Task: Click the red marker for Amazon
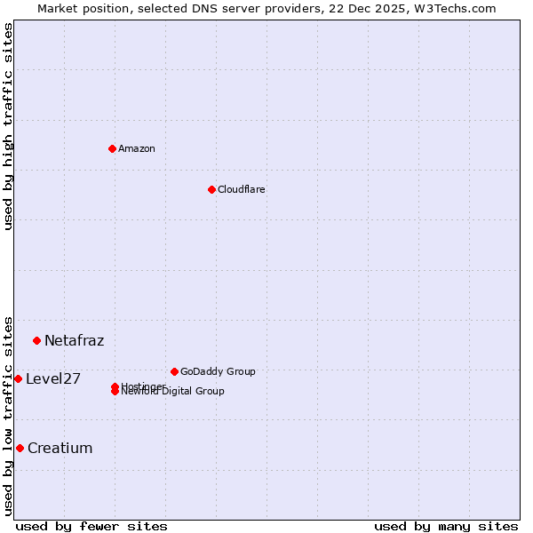tap(112, 148)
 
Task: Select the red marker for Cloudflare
tap(211, 189)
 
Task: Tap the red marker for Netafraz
tap(36, 340)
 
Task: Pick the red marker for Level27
tap(18, 378)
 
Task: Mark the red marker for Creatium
tap(20, 448)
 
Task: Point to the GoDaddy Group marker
tap(174, 371)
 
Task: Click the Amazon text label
tap(137, 148)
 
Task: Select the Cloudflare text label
tap(242, 189)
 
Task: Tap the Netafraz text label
tap(75, 340)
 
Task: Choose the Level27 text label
tap(53, 378)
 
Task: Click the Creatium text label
tap(60, 448)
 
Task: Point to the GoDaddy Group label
tap(218, 371)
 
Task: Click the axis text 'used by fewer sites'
tap(91, 526)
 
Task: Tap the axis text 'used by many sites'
tap(446, 526)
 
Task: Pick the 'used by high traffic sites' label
tap(8, 126)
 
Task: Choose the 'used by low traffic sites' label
tap(8, 414)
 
